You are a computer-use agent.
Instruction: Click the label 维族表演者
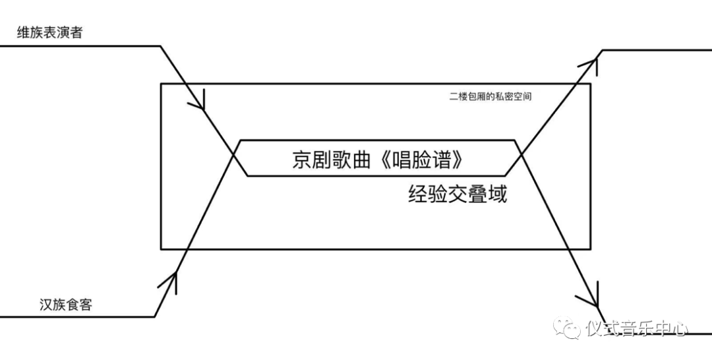[x=50, y=32]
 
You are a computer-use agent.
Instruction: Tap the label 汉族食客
[x=65, y=305]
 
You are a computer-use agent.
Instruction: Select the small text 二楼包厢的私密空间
[x=490, y=97]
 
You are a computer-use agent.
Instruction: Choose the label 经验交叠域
[x=458, y=195]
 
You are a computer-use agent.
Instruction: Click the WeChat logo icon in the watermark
[x=568, y=328]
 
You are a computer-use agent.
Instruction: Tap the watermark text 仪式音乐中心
[x=636, y=328]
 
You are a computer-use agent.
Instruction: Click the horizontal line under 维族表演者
[x=79, y=46]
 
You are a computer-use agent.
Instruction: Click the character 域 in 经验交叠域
[x=498, y=195]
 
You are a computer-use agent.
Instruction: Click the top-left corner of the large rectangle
[x=162, y=84]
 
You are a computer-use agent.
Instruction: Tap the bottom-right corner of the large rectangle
[x=590, y=249]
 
